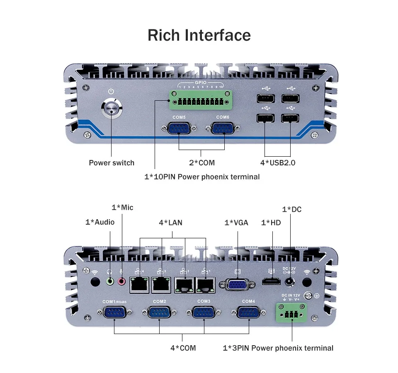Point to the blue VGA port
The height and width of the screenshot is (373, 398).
(x=237, y=285)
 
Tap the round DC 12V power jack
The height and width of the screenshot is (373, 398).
(x=290, y=282)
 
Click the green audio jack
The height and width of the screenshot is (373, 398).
(x=110, y=281)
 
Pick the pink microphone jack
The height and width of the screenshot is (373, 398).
(x=122, y=281)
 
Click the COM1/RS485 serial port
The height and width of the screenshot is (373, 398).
(x=114, y=313)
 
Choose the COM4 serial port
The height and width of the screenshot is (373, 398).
(x=249, y=312)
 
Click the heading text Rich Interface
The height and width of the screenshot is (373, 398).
(x=199, y=35)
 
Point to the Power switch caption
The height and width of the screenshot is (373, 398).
(x=112, y=163)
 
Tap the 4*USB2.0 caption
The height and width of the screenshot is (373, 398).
(x=278, y=163)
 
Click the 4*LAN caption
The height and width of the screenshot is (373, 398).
(x=170, y=223)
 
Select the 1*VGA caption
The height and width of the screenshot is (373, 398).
(x=236, y=223)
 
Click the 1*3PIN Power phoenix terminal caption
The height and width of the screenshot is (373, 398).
(x=278, y=348)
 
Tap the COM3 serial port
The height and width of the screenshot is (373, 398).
(x=204, y=312)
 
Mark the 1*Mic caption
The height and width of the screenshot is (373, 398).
(x=122, y=207)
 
